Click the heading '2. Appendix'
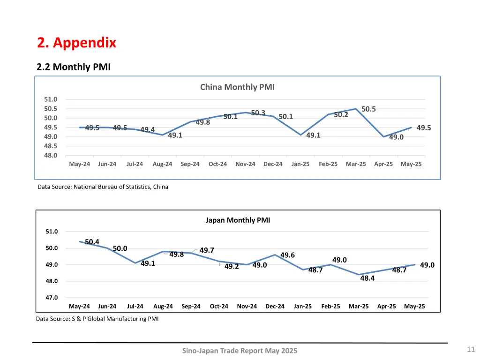(x=76, y=43)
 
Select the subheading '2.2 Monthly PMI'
(x=74, y=67)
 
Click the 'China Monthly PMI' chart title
(x=237, y=87)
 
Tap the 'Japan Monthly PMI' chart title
(x=238, y=220)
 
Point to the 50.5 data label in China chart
(x=368, y=109)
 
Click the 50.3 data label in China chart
(x=258, y=113)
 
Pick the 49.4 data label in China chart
(x=147, y=129)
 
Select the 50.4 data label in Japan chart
(x=92, y=242)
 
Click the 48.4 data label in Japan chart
(x=367, y=278)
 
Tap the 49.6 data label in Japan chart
(x=287, y=255)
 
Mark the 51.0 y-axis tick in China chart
(x=51, y=99)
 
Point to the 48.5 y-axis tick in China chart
(x=51, y=146)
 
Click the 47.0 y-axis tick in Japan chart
(x=52, y=298)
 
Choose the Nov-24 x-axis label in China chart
(x=245, y=164)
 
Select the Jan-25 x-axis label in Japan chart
(x=302, y=307)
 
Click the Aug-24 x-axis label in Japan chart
(x=163, y=307)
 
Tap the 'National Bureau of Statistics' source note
(x=103, y=187)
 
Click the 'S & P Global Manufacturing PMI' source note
(x=97, y=319)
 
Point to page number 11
(x=471, y=349)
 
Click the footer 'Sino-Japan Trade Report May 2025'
(x=240, y=351)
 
